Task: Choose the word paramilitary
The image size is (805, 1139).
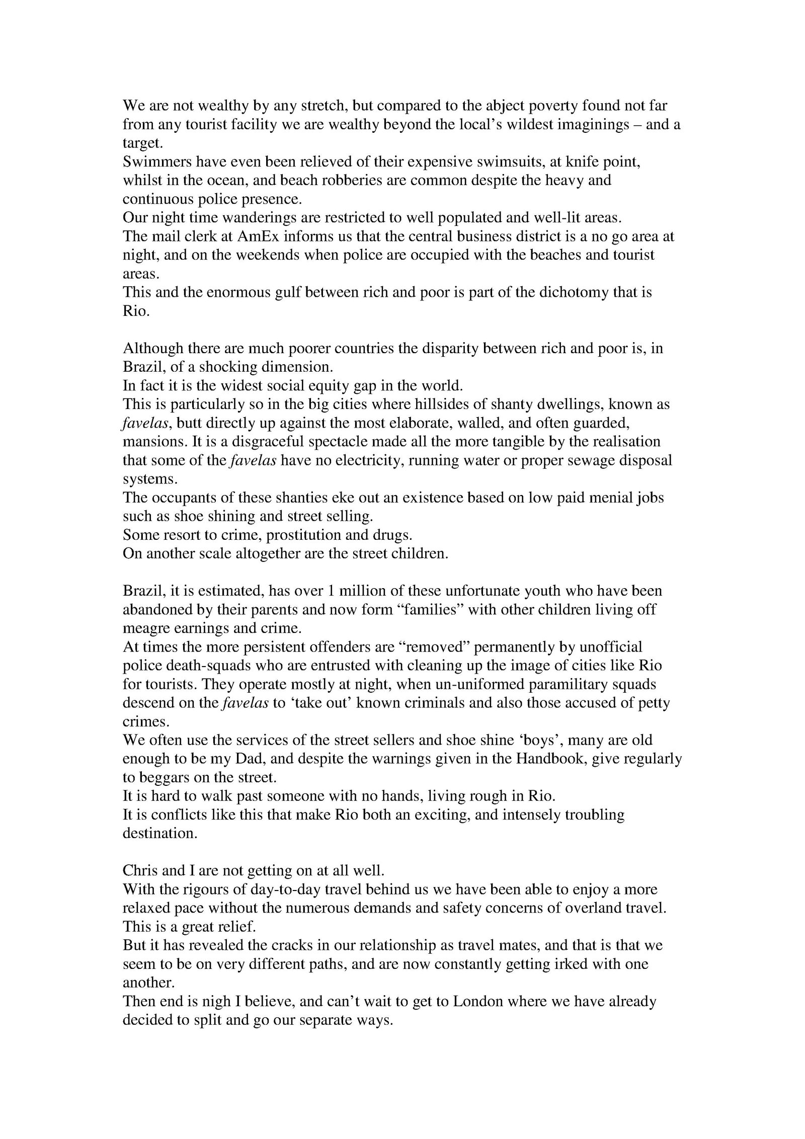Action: click(x=569, y=684)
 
